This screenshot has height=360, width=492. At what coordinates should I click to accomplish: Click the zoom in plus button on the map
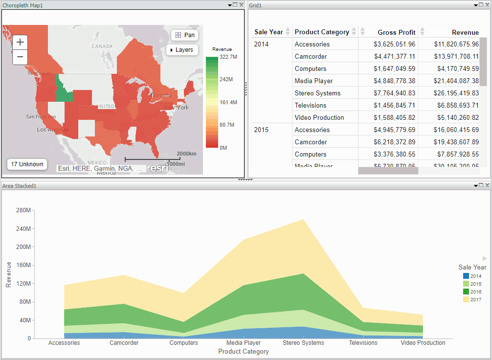tap(20, 42)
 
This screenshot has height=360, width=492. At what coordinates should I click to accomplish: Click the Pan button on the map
tap(185, 35)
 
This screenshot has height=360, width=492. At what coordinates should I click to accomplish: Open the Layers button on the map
tap(181, 50)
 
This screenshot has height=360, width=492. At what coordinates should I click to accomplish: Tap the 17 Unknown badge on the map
tap(27, 164)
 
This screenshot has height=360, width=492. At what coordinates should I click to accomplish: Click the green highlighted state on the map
tap(64, 88)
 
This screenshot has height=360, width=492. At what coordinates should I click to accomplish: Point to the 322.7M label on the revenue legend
tap(228, 57)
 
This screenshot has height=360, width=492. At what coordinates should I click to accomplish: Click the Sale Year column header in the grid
tap(268, 32)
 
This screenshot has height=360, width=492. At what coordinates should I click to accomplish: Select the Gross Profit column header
tap(396, 32)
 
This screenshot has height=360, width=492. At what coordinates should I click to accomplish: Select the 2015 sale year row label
tap(262, 130)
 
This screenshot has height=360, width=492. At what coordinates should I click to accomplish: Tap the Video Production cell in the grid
tap(319, 118)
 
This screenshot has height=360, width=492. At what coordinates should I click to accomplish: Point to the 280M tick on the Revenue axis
tap(23, 210)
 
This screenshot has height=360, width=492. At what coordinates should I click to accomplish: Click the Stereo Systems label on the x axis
tap(303, 343)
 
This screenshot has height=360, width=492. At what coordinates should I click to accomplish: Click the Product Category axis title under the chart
tap(244, 352)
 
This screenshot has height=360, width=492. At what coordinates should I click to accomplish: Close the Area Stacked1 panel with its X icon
tap(487, 186)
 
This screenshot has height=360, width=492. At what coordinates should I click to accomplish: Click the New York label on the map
tap(176, 108)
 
